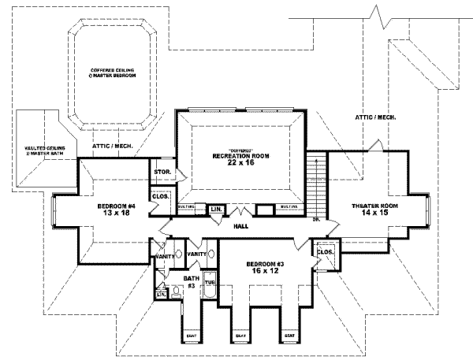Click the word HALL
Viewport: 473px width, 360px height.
pos(242,225)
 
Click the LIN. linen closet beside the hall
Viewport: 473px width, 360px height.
pos(216,209)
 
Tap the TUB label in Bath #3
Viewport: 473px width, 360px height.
pos(210,282)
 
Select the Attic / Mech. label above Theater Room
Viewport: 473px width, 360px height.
pos(374,117)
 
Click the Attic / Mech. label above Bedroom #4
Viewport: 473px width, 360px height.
pos(113,146)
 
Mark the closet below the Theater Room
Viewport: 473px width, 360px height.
pos(326,254)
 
